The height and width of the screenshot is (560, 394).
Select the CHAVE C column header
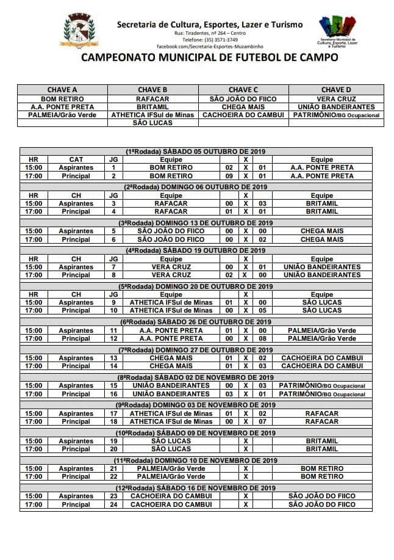(x=243, y=90)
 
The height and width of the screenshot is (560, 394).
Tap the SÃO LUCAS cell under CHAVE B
(x=152, y=123)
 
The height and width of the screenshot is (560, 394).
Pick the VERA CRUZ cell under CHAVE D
(x=336, y=98)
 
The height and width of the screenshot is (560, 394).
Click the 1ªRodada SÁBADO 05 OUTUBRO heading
(x=195, y=151)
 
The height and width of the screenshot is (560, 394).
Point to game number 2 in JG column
(x=113, y=176)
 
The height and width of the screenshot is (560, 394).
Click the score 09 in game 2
(x=229, y=176)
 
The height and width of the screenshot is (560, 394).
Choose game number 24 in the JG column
(x=113, y=505)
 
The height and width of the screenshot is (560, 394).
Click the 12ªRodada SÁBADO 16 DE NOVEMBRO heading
(x=195, y=488)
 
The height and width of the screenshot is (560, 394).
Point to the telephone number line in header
(x=210, y=39)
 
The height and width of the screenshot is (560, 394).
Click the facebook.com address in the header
(x=210, y=46)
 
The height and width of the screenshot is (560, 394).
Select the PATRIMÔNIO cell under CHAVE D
(x=336, y=115)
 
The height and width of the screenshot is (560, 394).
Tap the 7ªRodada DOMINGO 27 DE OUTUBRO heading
(x=195, y=349)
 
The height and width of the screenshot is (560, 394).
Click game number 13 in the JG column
(x=113, y=358)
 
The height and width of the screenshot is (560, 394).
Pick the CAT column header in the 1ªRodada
(x=76, y=159)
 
